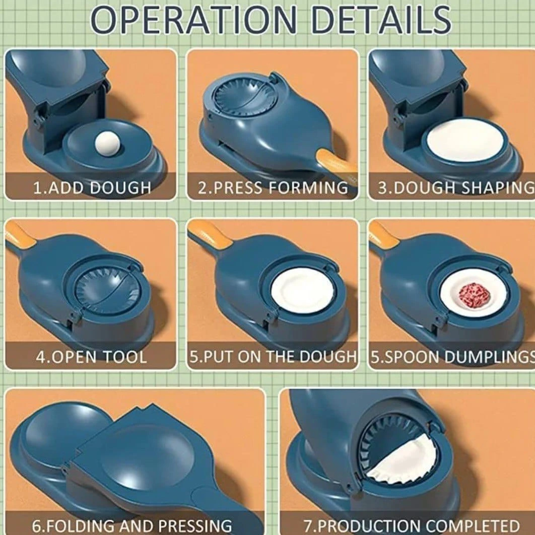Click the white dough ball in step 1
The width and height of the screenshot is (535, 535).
[107, 142]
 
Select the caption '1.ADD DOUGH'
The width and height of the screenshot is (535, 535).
[92, 188]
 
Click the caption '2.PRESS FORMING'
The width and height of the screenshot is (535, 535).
[273, 188]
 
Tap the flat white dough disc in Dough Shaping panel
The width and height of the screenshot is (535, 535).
[465, 140]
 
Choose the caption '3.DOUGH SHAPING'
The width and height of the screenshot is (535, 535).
[456, 188]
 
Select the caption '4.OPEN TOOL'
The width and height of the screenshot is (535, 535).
[92, 357]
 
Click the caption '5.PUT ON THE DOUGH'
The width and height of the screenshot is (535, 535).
[273, 357]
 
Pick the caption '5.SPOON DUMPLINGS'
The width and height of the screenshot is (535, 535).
[453, 357]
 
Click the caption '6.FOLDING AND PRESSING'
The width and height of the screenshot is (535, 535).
[131, 525]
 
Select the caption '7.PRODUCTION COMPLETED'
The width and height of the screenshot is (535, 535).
[411, 525]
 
